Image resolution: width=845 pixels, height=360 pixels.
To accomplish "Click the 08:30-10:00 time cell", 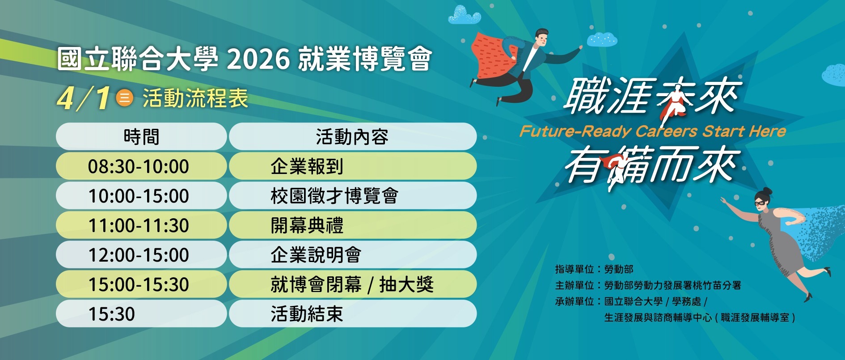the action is tap(141, 166).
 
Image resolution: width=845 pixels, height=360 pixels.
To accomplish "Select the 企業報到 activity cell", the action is tap(353, 166).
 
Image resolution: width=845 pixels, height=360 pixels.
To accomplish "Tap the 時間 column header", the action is tap(141, 136).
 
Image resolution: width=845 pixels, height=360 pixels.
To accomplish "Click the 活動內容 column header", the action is tap(353, 136).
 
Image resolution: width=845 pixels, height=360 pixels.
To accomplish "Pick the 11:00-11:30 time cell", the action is tap(141, 225).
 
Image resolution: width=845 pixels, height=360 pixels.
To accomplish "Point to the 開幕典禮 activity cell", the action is tap(353, 225).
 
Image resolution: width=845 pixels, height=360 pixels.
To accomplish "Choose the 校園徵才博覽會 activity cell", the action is tap(353, 195).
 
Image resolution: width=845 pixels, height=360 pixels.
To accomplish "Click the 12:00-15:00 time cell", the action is tap(141, 254).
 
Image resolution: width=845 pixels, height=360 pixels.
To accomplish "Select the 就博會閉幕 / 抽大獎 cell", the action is tap(353, 284).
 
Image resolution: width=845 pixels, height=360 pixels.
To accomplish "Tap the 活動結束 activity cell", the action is tap(353, 313).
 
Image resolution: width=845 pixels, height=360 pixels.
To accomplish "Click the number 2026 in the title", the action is tap(258, 59).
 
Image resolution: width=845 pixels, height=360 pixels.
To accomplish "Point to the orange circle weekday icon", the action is tap(124, 97).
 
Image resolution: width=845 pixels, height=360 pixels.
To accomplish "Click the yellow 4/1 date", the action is tap(84, 98).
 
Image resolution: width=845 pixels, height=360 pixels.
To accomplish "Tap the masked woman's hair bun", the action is tap(767, 191).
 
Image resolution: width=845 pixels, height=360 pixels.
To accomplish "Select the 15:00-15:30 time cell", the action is tap(141, 284).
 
